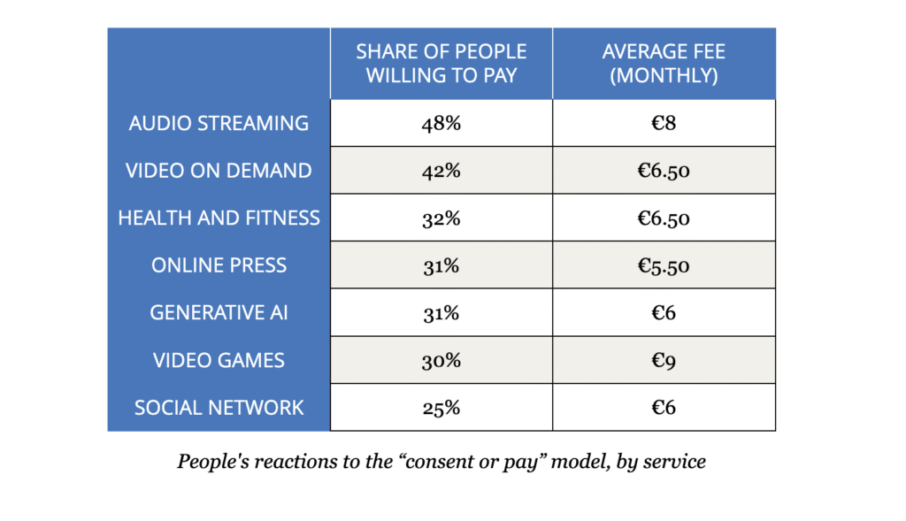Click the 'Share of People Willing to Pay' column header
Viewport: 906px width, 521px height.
pyautogui.click(x=441, y=64)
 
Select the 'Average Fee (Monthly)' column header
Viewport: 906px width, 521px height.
pyautogui.click(x=664, y=64)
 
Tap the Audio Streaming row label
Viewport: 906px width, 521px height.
pyautogui.click(x=219, y=123)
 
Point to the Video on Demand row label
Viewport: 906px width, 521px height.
pyautogui.click(x=219, y=171)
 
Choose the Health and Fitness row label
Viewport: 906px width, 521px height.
pyautogui.click(x=219, y=218)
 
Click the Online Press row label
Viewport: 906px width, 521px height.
pyautogui.click(x=219, y=265)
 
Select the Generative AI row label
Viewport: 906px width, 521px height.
pyautogui.click(x=219, y=313)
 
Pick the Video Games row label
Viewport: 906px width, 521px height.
pyautogui.click(x=219, y=360)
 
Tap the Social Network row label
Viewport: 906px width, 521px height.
pyautogui.click(x=219, y=408)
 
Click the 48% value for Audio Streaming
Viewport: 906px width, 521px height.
pyautogui.click(x=441, y=123)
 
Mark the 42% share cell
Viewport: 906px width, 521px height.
pyautogui.click(x=441, y=171)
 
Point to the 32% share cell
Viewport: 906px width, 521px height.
pyautogui.click(x=441, y=218)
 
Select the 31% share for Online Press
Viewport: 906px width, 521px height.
pyautogui.click(x=441, y=265)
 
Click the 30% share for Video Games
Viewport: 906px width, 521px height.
pyautogui.click(x=441, y=360)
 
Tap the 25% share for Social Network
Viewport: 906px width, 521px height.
pyautogui.click(x=441, y=408)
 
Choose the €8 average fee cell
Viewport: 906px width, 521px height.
pyautogui.click(x=664, y=123)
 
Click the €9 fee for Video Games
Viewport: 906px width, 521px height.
pyautogui.click(x=664, y=360)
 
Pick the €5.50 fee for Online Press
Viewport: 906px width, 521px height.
pyautogui.click(x=664, y=265)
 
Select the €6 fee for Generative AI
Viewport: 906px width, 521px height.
pyautogui.click(x=664, y=313)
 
